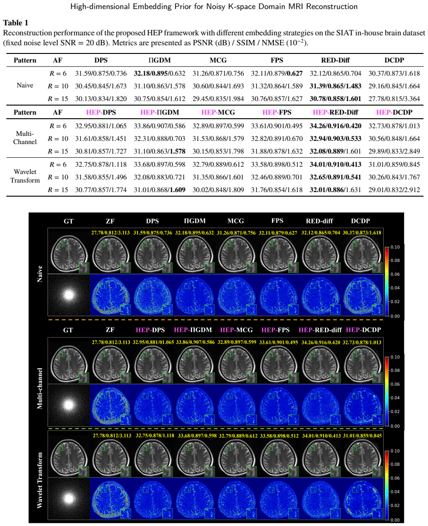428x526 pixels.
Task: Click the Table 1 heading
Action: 16,23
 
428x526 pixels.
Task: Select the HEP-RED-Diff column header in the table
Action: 335,112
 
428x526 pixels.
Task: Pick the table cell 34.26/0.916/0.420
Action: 335,126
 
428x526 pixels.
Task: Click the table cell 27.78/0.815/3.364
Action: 394,99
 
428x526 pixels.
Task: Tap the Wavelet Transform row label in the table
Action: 25,176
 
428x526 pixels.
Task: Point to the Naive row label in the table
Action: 25,85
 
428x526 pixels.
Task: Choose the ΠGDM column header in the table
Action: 160,60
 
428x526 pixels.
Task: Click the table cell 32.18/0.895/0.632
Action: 160,73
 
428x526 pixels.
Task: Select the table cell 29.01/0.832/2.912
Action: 394,190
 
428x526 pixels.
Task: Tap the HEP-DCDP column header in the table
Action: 394,112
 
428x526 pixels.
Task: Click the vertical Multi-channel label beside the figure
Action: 40,388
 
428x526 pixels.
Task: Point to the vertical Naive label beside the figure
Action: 40,274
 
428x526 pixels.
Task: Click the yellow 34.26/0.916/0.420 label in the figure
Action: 320,343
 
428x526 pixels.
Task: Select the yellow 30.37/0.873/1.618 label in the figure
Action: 361,232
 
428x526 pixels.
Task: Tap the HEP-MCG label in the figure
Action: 237,330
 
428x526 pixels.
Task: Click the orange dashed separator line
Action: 216,320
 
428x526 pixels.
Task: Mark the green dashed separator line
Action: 216,429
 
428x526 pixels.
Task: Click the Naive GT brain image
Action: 69,251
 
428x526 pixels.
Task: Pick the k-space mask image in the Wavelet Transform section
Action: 69,498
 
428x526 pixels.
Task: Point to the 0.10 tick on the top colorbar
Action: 395,247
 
